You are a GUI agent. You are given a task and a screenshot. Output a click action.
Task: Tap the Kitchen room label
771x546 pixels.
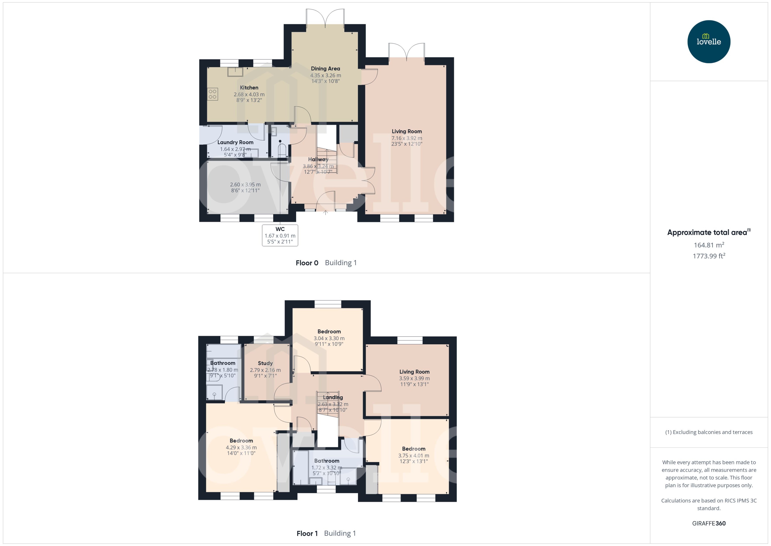[249, 88]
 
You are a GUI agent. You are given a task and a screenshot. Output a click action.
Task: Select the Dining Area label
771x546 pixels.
[325, 69]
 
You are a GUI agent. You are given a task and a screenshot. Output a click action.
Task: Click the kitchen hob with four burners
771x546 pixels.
[212, 94]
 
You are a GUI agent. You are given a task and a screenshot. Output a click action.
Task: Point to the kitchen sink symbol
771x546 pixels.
[235, 72]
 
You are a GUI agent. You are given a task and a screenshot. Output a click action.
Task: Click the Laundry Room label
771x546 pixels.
[235, 142]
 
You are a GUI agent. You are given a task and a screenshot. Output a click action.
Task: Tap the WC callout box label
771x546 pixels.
[280, 229]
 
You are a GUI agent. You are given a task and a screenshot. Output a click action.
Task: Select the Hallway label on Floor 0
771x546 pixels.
[318, 159]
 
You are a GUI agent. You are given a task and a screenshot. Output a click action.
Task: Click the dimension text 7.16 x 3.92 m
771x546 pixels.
[406, 138]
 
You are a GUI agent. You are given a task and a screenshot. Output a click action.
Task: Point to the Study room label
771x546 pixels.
[265, 363]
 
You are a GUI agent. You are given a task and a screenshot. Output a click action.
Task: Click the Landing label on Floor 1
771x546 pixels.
[333, 397]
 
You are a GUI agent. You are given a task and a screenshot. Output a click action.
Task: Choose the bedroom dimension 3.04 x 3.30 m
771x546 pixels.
[329, 338]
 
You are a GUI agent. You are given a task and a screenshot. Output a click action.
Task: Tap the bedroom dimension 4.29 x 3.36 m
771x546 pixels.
[241, 447]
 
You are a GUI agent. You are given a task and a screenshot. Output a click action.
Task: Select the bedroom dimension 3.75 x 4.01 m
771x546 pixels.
[413, 456]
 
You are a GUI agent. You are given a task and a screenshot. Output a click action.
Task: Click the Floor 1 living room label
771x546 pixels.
[414, 371]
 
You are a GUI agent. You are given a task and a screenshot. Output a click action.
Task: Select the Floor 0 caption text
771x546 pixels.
[307, 263]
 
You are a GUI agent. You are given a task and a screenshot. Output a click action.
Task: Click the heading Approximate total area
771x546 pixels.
[707, 232]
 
